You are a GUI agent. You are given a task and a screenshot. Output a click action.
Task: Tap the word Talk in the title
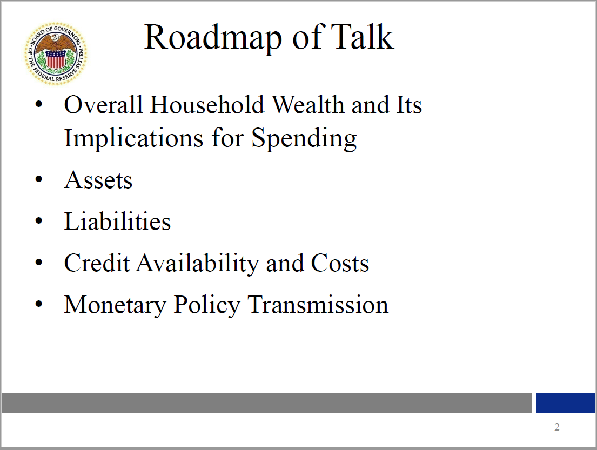[x=361, y=37]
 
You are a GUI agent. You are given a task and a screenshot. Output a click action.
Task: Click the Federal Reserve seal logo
[x=56, y=53]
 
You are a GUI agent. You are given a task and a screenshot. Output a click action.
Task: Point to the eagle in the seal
[x=56, y=43]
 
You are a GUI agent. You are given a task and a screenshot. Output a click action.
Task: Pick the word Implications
[x=133, y=138]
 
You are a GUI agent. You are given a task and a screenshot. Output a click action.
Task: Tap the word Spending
[x=304, y=138]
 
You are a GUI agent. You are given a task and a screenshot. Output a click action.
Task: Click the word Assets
[x=98, y=180]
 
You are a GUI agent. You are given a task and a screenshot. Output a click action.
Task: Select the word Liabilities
[x=117, y=221]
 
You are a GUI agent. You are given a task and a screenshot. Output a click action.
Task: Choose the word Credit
[x=97, y=263]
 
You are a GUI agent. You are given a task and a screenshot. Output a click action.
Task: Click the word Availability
[x=198, y=264]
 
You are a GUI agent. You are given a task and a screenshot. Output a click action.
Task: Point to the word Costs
[x=340, y=263]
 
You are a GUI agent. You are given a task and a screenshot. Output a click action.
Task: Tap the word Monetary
[x=116, y=305]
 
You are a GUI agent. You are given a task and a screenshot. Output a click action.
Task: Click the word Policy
[x=207, y=305]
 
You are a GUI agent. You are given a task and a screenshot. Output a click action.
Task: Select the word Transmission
[x=318, y=305]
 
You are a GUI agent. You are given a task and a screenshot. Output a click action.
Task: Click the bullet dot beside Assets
[x=38, y=179]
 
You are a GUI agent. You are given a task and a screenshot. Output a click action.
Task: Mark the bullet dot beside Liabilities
[x=38, y=221]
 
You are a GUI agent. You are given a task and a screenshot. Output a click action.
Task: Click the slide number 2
[x=557, y=427]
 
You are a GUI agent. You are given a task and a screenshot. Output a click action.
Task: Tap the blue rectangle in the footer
[x=566, y=402]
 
